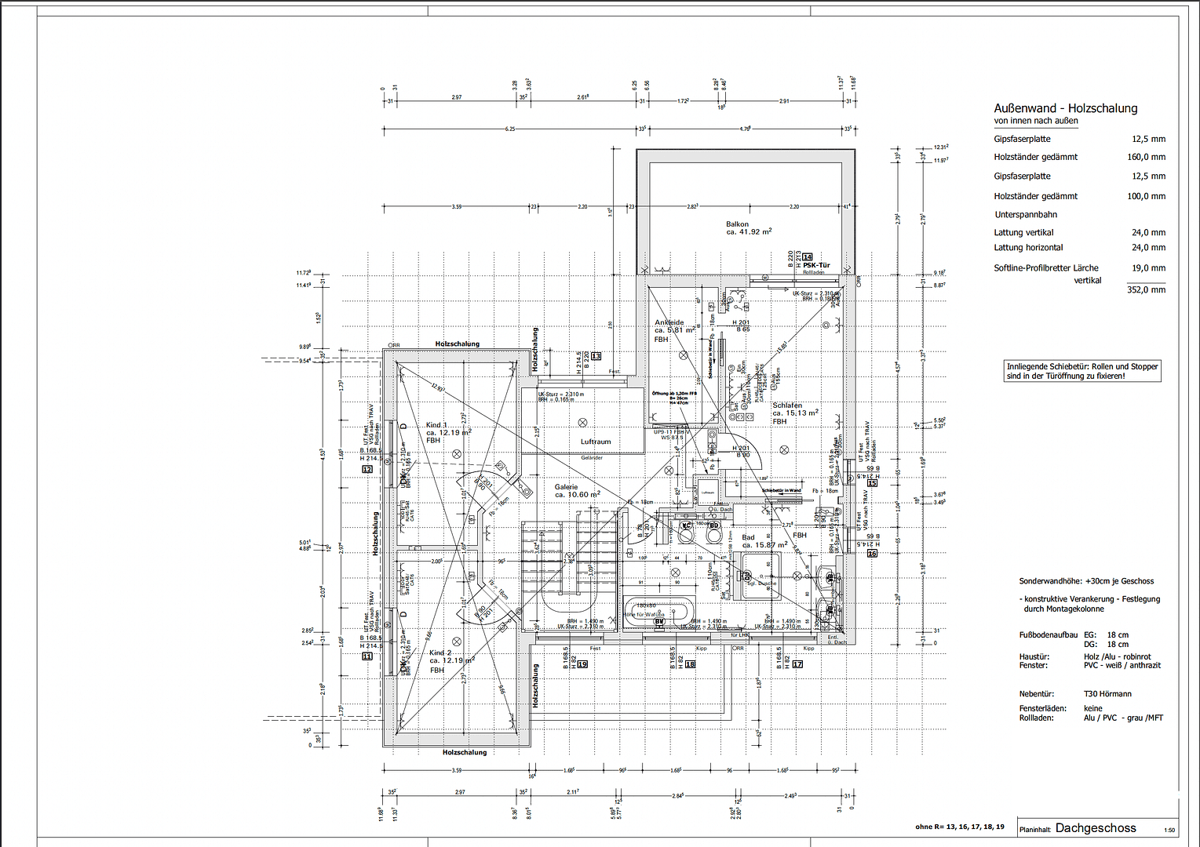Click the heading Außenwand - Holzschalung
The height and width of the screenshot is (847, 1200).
[1065, 108]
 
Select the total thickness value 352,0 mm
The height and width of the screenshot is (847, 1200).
[1146, 290]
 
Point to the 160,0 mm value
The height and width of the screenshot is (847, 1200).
[1146, 157]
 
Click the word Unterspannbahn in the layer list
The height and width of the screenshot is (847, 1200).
[1025, 215]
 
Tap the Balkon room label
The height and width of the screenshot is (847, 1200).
[737, 224]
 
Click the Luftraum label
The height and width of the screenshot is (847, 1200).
[595, 442]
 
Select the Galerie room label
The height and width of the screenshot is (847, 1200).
[566, 487]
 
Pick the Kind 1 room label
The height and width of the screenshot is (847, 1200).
[436, 425]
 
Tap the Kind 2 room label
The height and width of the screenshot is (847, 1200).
[440, 653]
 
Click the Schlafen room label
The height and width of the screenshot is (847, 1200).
[786, 405]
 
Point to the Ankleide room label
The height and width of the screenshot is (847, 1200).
[669, 322]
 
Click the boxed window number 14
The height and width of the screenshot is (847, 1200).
[808, 256]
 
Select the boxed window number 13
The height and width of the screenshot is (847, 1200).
[596, 356]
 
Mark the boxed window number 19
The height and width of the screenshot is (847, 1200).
[582, 664]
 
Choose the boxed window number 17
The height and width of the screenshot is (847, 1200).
[797, 664]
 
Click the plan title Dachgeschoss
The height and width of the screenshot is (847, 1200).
[1095, 828]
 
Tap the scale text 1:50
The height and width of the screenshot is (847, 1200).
[1169, 831]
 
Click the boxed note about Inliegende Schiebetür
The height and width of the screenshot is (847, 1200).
[1082, 371]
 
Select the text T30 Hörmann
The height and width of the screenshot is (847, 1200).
[1107, 694]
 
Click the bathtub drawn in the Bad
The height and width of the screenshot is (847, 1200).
[659, 610]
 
